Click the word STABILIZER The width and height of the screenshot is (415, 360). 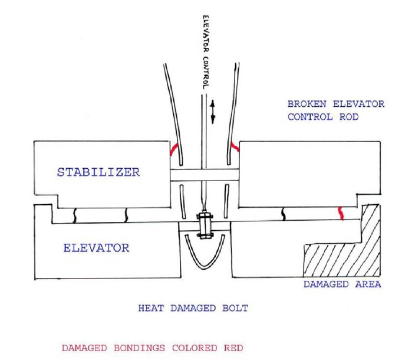pyautogui.click(x=98, y=172)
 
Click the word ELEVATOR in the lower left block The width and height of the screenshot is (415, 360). pyautogui.click(x=95, y=248)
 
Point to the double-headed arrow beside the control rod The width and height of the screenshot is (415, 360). pyautogui.click(x=213, y=110)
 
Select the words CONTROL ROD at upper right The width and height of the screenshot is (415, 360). pyautogui.click(x=323, y=117)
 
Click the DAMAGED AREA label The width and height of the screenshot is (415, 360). pyautogui.click(x=342, y=284)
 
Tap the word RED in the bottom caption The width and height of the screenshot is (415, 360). pyautogui.click(x=230, y=348)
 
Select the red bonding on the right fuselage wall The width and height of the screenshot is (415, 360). pyautogui.click(x=235, y=145)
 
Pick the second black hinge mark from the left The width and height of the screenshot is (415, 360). pyautogui.click(x=126, y=215)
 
